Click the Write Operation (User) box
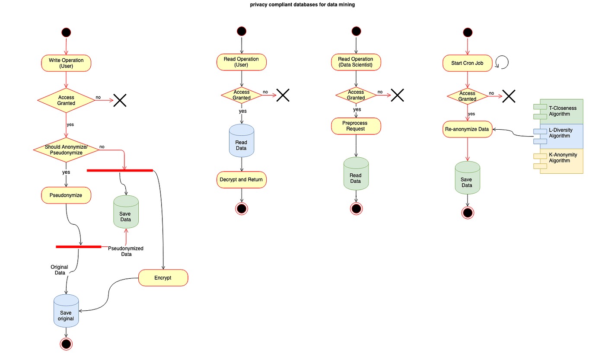click(66, 63)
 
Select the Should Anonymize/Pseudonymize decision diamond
click(66, 150)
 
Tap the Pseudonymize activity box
click(66, 195)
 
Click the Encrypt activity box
click(163, 277)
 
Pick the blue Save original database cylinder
click(66, 311)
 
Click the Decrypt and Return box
click(242, 180)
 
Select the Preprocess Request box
click(356, 126)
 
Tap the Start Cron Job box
click(468, 63)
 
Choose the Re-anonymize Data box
click(468, 129)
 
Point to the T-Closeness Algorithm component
click(558, 112)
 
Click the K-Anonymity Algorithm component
click(558, 161)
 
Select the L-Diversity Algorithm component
click(558, 137)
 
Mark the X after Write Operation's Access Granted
click(120, 100)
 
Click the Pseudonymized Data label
click(126, 251)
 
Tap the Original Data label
click(60, 270)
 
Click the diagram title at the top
click(302, 5)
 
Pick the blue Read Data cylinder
click(242, 140)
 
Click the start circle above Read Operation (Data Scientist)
click(356, 31)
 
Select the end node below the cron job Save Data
click(468, 213)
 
